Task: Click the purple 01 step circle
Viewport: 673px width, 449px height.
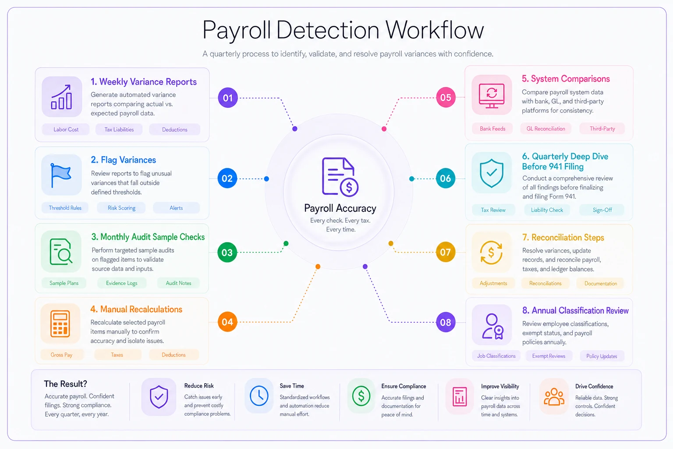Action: pyautogui.click(x=228, y=98)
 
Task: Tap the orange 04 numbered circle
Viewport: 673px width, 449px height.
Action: pyautogui.click(x=227, y=322)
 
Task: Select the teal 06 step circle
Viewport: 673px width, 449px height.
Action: pyautogui.click(x=445, y=178)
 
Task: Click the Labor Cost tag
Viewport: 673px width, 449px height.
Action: pyautogui.click(x=66, y=130)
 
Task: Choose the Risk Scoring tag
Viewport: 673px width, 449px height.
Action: pyautogui.click(x=121, y=208)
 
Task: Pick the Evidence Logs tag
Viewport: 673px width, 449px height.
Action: pyautogui.click(x=122, y=283)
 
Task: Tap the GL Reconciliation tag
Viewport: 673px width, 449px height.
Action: pyautogui.click(x=545, y=129)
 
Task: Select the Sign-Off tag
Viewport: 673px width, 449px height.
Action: pyautogui.click(x=602, y=210)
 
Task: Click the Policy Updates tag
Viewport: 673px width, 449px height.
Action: pyautogui.click(x=602, y=356)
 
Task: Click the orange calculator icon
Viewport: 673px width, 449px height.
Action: pyautogui.click(x=60, y=324)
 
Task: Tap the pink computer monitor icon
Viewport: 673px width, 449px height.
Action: pyautogui.click(x=492, y=96)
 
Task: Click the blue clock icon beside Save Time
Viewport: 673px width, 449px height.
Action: pyautogui.click(x=259, y=396)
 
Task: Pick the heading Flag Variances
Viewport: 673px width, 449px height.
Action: pyautogui.click(x=124, y=160)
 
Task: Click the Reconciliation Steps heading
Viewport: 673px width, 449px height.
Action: pyautogui.click(x=563, y=237)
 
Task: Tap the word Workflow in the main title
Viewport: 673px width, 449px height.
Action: pyautogui.click(x=435, y=30)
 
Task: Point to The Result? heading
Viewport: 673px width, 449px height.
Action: pyautogui.click(x=65, y=384)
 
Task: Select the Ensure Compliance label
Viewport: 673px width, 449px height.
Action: pyautogui.click(x=404, y=386)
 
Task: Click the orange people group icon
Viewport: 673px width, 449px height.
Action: pyautogui.click(x=554, y=397)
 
